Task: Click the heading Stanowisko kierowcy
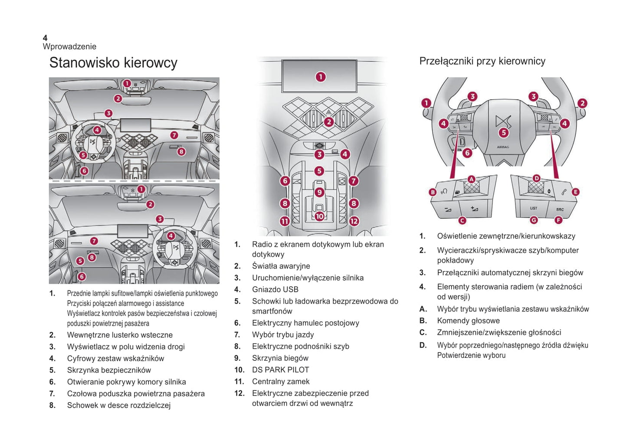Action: tap(113, 63)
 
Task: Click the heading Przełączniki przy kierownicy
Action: tap(482, 61)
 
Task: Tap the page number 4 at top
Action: tap(45, 38)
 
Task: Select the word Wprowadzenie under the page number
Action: tap(69, 46)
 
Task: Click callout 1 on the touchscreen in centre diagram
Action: tap(320, 77)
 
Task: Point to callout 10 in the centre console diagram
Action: tap(319, 216)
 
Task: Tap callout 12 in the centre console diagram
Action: tap(354, 221)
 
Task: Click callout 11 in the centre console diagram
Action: tap(285, 221)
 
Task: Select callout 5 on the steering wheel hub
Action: tap(503, 133)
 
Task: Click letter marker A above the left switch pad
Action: tap(471, 179)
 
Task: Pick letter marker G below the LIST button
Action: tap(534, 220)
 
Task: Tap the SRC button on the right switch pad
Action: tap(560, 210)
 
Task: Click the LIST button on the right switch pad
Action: tap(533, 209)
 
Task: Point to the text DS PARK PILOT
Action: tap(280, 370)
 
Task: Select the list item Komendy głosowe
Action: tap(468, 321)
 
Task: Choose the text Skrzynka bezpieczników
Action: tap(109, 370)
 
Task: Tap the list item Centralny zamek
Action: tap(281, 382)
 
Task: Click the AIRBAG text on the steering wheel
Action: tap(503, 147)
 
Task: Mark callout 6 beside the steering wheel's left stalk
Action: tap(467, 153)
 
